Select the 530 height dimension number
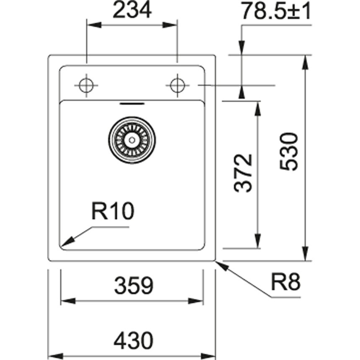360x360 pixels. [x=289, y=151]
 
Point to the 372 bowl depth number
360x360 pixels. [x=244, y=173]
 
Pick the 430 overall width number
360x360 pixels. [x=132, y=341]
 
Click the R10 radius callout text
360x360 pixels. [x=113, y=212]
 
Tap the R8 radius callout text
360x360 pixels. [x=285, y=283]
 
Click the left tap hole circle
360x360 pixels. [x=87, y=85]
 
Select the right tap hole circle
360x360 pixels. [x=177, y=85]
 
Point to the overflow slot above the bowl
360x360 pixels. [x=132, y=103]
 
